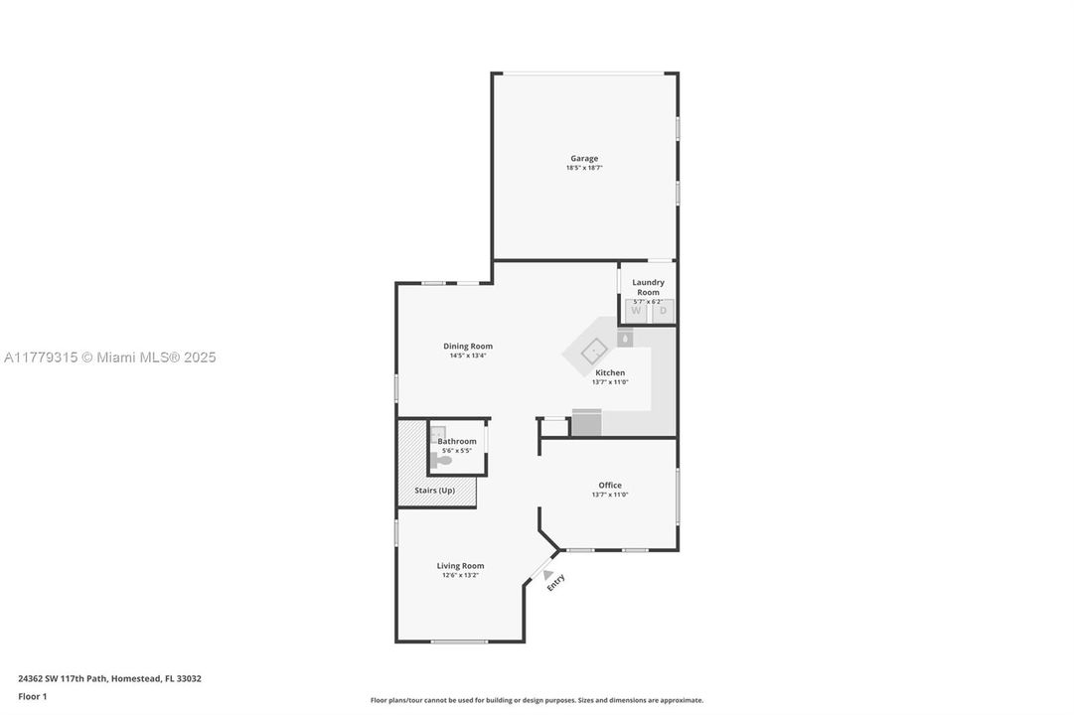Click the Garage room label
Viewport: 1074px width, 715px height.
coord(584,158)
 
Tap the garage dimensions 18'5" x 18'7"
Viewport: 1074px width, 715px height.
coord(584,168)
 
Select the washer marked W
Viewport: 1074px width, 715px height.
coord(636,311)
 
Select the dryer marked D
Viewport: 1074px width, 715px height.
coord(663,311)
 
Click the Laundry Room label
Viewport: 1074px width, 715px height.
coord(648,287)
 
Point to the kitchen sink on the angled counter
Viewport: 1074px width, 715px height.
coord(592,351)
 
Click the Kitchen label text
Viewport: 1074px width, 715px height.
coord(610,372)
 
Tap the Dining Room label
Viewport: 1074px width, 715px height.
coord(468,346)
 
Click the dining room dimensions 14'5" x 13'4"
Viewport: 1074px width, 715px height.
coord(468,356)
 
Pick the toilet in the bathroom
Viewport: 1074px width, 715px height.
coord(441,460)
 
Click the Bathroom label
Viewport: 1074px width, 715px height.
coord(457,441)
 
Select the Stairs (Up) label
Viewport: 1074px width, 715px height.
coord(434,491)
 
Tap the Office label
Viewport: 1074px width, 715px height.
coord(610,485)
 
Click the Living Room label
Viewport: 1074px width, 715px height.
coord(460,565)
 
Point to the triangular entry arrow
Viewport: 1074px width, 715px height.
coord(546,574)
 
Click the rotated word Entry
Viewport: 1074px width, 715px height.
coord(555,583)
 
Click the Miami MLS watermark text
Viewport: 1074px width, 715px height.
coord(109,357)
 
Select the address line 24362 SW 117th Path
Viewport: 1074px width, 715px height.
coord(109,678)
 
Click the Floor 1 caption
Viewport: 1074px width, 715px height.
coord(32,696)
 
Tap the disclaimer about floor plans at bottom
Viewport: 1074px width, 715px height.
coord(537,700)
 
